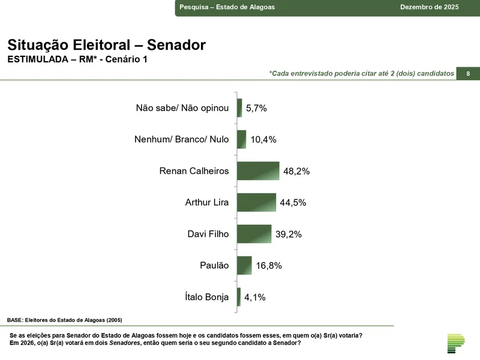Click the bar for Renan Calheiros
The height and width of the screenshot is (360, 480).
coord(258,171)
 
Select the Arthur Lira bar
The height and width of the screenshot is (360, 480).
coord(256,202)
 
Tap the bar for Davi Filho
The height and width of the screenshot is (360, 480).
coord(254,234)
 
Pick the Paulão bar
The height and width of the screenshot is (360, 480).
coord(244,265)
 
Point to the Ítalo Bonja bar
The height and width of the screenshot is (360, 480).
coord(239,297)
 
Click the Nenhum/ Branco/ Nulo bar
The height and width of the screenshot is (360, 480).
coord(241,139)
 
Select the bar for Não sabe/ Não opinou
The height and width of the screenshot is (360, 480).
coord(239,108)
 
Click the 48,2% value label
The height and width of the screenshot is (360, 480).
coord(296,171)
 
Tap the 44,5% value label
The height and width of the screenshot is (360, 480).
coord(293,203)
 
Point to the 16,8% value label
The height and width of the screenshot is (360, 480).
coord(269,266)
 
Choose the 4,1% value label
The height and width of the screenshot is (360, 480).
coord(255,297)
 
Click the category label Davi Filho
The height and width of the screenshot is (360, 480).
coord(208,234)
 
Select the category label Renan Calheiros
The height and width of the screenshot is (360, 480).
coord(194,171)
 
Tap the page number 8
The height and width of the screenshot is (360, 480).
coord(468,73)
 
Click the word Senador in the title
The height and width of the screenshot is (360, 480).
coord(176,45)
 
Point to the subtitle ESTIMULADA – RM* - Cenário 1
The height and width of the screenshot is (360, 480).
coord(77,59)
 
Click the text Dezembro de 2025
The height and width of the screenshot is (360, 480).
coord(429,7)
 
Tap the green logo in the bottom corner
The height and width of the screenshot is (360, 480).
coord(456,343)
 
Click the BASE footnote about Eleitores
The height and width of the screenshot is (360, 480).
coord(68,320)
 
